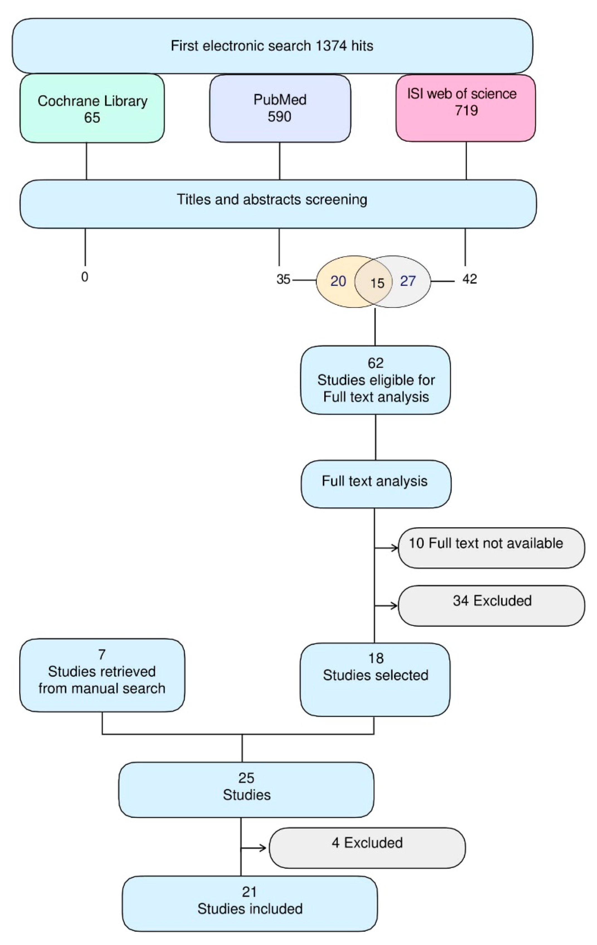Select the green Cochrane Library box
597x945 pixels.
[92, 109]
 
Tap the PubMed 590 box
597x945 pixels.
[280, 108]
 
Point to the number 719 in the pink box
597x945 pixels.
[466, 111]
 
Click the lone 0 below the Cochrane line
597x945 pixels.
[85, 277]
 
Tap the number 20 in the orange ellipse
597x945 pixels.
[338, 281]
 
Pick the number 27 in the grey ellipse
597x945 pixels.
[408, 281]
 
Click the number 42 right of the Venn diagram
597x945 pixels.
[469, 279]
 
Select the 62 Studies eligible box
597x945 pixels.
[375, 380]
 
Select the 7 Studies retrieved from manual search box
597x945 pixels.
[102, 675]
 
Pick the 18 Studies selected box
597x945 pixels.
[375, 679]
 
